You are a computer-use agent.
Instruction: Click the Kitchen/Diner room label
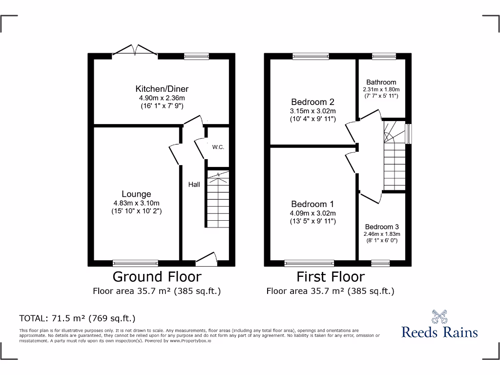click(162, 89)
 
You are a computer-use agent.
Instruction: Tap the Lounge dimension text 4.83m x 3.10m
click(136, 203)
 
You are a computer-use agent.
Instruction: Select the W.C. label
click(218, 147)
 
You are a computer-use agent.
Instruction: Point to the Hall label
click(194, 185)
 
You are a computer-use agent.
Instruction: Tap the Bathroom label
click(381, 82)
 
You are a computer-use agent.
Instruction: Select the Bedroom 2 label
click(312, 102)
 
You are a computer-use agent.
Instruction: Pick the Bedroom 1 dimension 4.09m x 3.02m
click(313, 213)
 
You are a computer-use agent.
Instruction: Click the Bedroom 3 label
click(382, 227)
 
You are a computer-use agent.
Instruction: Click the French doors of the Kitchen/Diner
click(135, 50)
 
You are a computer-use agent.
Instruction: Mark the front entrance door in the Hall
click(206, 260)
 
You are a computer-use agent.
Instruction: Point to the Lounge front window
click(135, 263)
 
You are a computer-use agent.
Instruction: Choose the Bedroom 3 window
click(380, 263)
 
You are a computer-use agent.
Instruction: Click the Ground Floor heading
click(157, 277)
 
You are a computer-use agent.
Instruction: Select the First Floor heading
click(331, 277)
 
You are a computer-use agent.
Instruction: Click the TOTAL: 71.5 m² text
click(77, 318)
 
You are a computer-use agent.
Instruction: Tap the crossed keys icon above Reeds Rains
click(439, 317)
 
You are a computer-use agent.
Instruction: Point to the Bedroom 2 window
click(311, 56)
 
